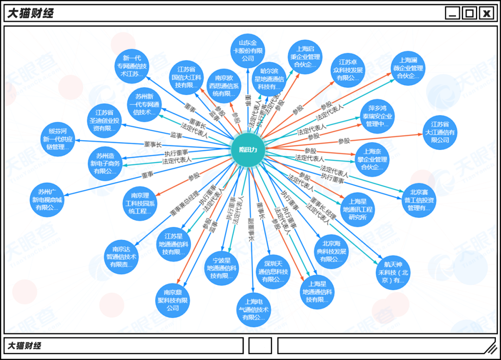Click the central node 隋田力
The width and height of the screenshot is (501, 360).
(x=248, y=150)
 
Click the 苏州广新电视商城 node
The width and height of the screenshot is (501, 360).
(x=47, y=200)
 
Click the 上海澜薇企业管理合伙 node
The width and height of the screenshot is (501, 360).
(x=408, y=68)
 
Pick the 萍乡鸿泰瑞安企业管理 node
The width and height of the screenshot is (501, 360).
(x=377, y=116)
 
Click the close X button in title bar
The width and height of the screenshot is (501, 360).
(x=486, y=13)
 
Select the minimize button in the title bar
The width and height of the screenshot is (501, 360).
(x=452, y=13)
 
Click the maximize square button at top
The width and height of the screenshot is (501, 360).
(x=469, y=13)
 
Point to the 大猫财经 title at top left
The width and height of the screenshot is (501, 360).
(x=30, y=13)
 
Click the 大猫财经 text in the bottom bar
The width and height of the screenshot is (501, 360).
(x=24, y=346)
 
